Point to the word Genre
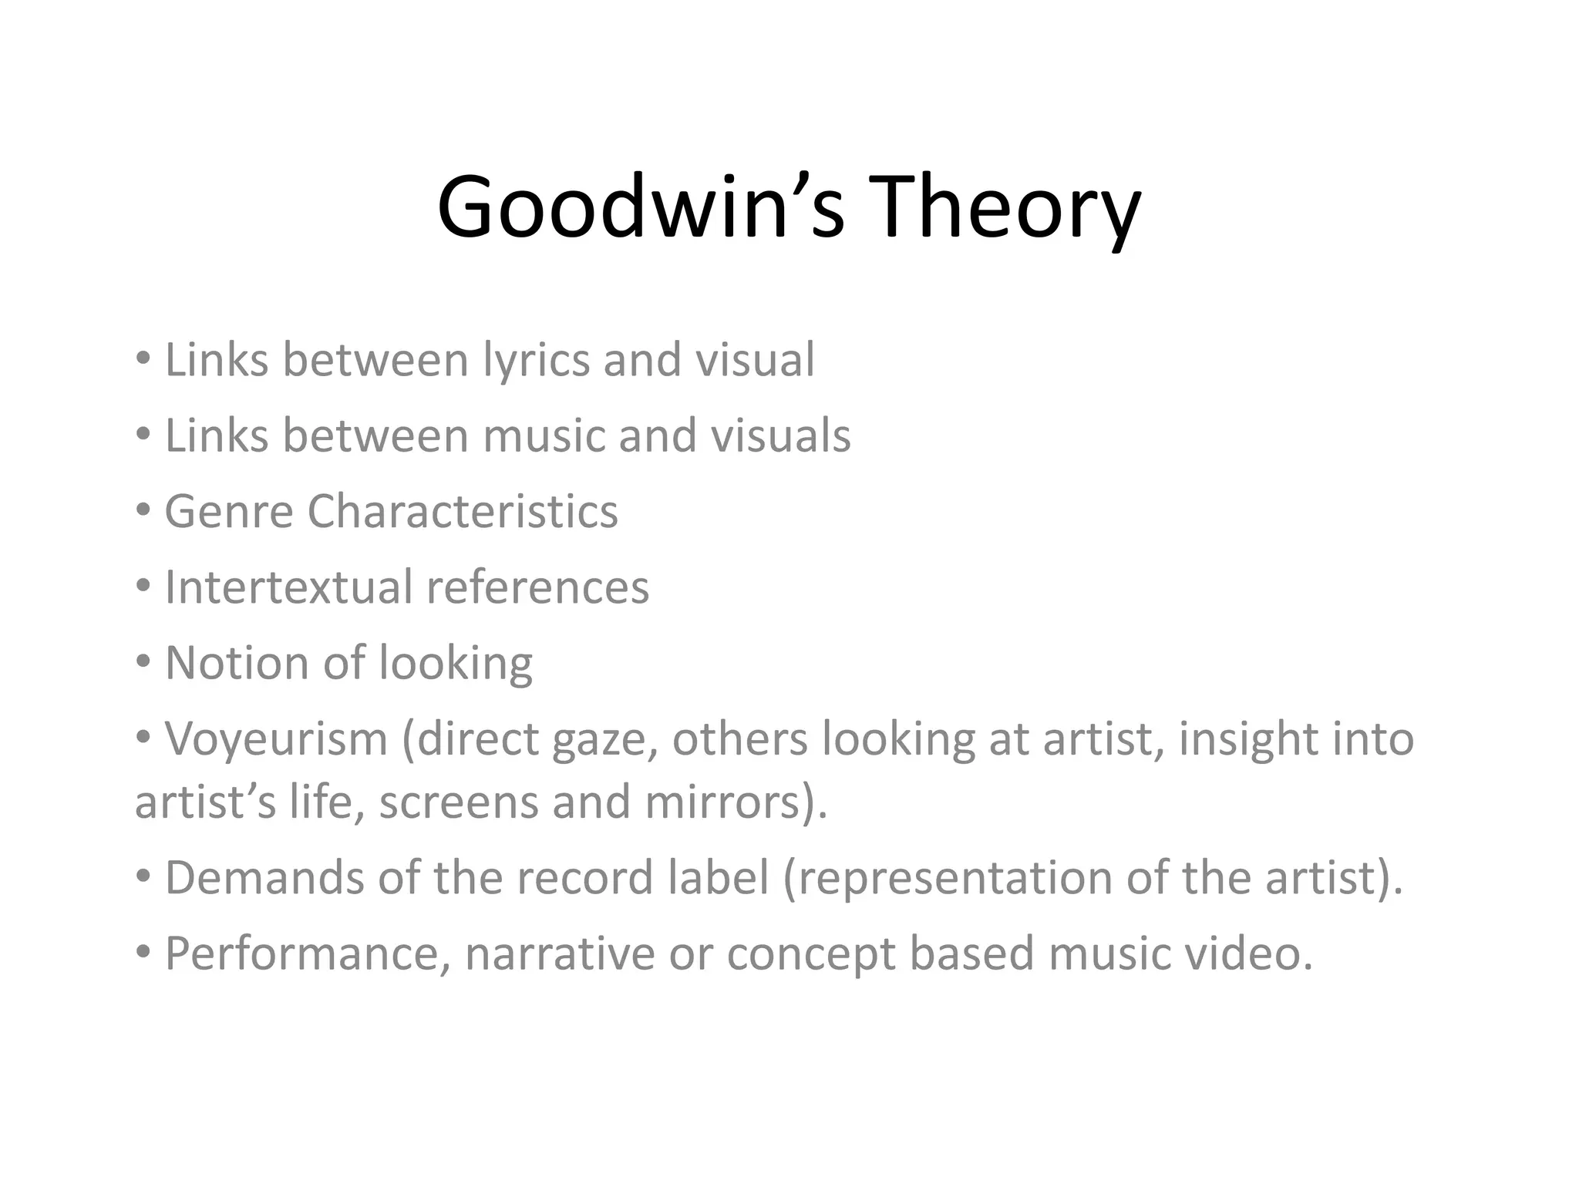coord(229,511)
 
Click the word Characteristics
coord(463,511)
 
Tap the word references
coord(537,587)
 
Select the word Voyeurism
coord(276,738)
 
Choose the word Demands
coord(265,876)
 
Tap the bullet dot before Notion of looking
coord(143,662)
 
